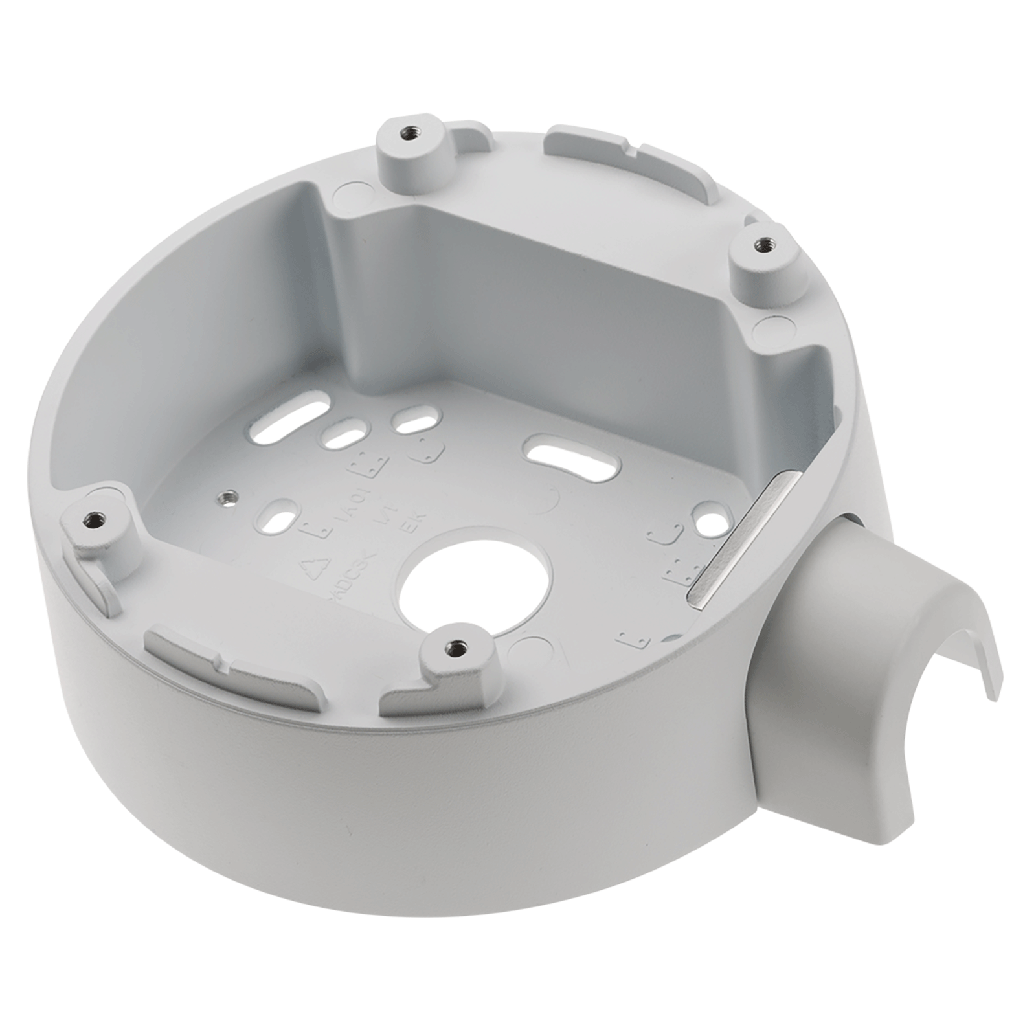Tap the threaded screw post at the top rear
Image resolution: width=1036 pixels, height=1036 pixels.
tap(409, 134)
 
